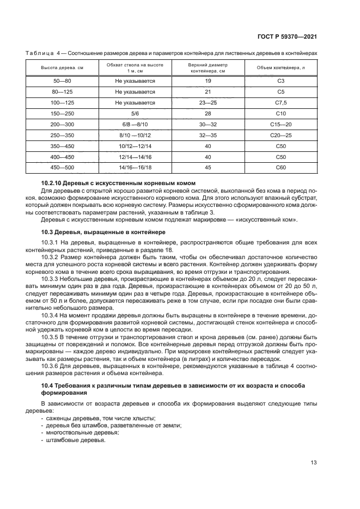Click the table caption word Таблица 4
coord(43,52)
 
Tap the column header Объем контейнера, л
coord(281,68)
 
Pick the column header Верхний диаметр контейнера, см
coord(208,68)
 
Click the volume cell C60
coord(281,167)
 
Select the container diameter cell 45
coord(208,167)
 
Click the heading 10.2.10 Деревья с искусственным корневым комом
coord(118,183)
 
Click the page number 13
coord(314,464)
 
